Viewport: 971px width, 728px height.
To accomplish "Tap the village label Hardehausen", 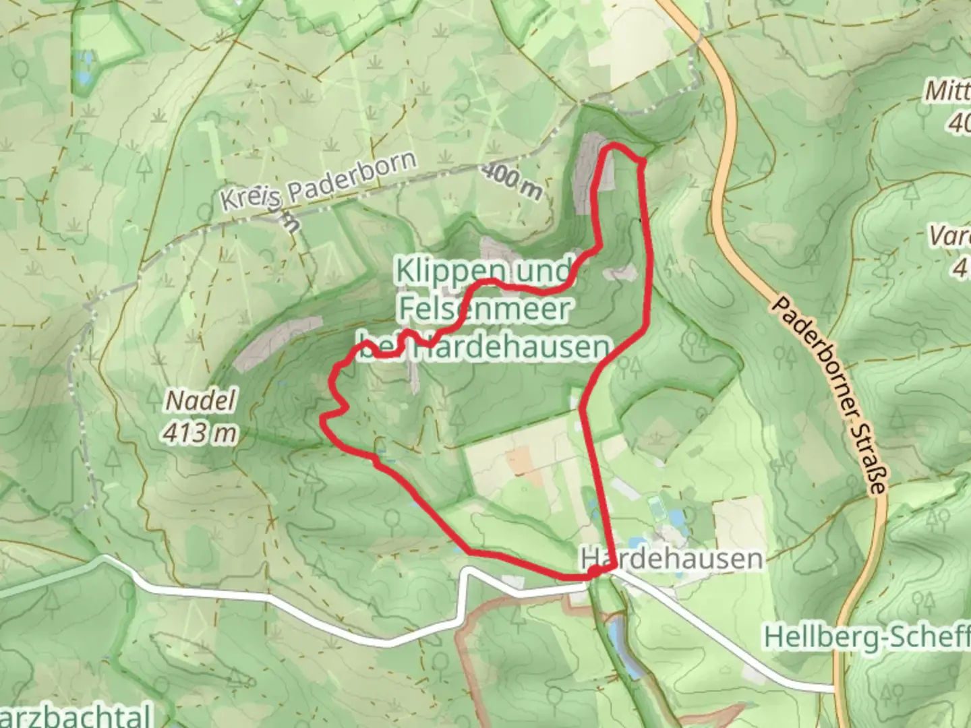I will [x=672, y=558].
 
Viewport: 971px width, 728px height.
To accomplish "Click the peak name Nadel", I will [x=200, y=401].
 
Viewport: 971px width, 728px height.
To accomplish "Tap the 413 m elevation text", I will [x=200, y=433].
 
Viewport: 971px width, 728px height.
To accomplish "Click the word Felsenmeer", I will [x=484, y=309].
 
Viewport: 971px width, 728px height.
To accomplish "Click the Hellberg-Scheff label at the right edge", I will [x=867, y=636].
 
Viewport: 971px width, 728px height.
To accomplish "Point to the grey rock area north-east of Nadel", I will [x=276, y=344].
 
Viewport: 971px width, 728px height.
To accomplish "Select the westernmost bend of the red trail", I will [x=322, y=420].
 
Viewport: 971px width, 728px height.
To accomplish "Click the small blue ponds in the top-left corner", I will [x=83, y=67].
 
